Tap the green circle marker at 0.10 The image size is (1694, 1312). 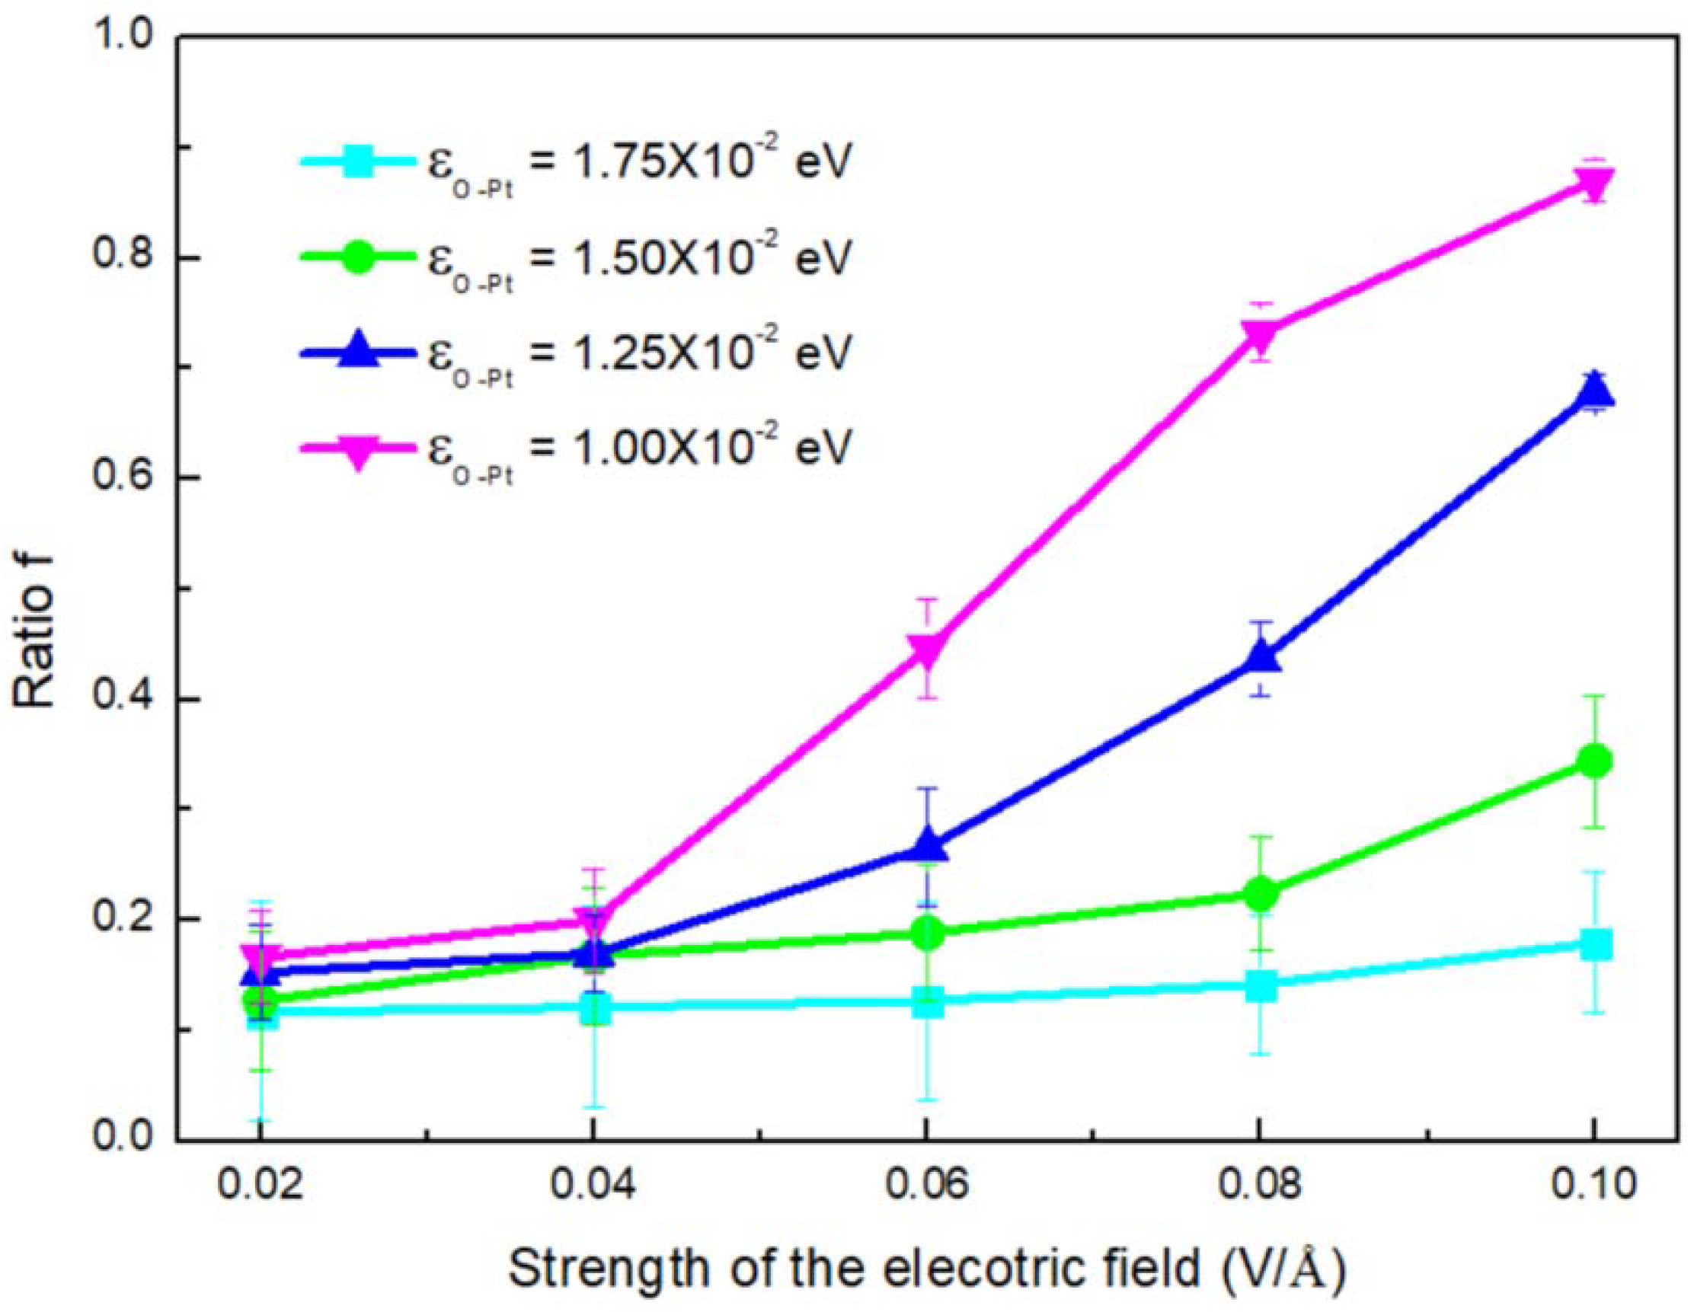[x=1593, y=761]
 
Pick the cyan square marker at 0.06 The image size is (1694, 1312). [x=927, y=1002]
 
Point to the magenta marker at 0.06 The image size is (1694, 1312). [x=927, y=650]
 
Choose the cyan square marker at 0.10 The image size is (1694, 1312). [x=1593, y=945]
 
